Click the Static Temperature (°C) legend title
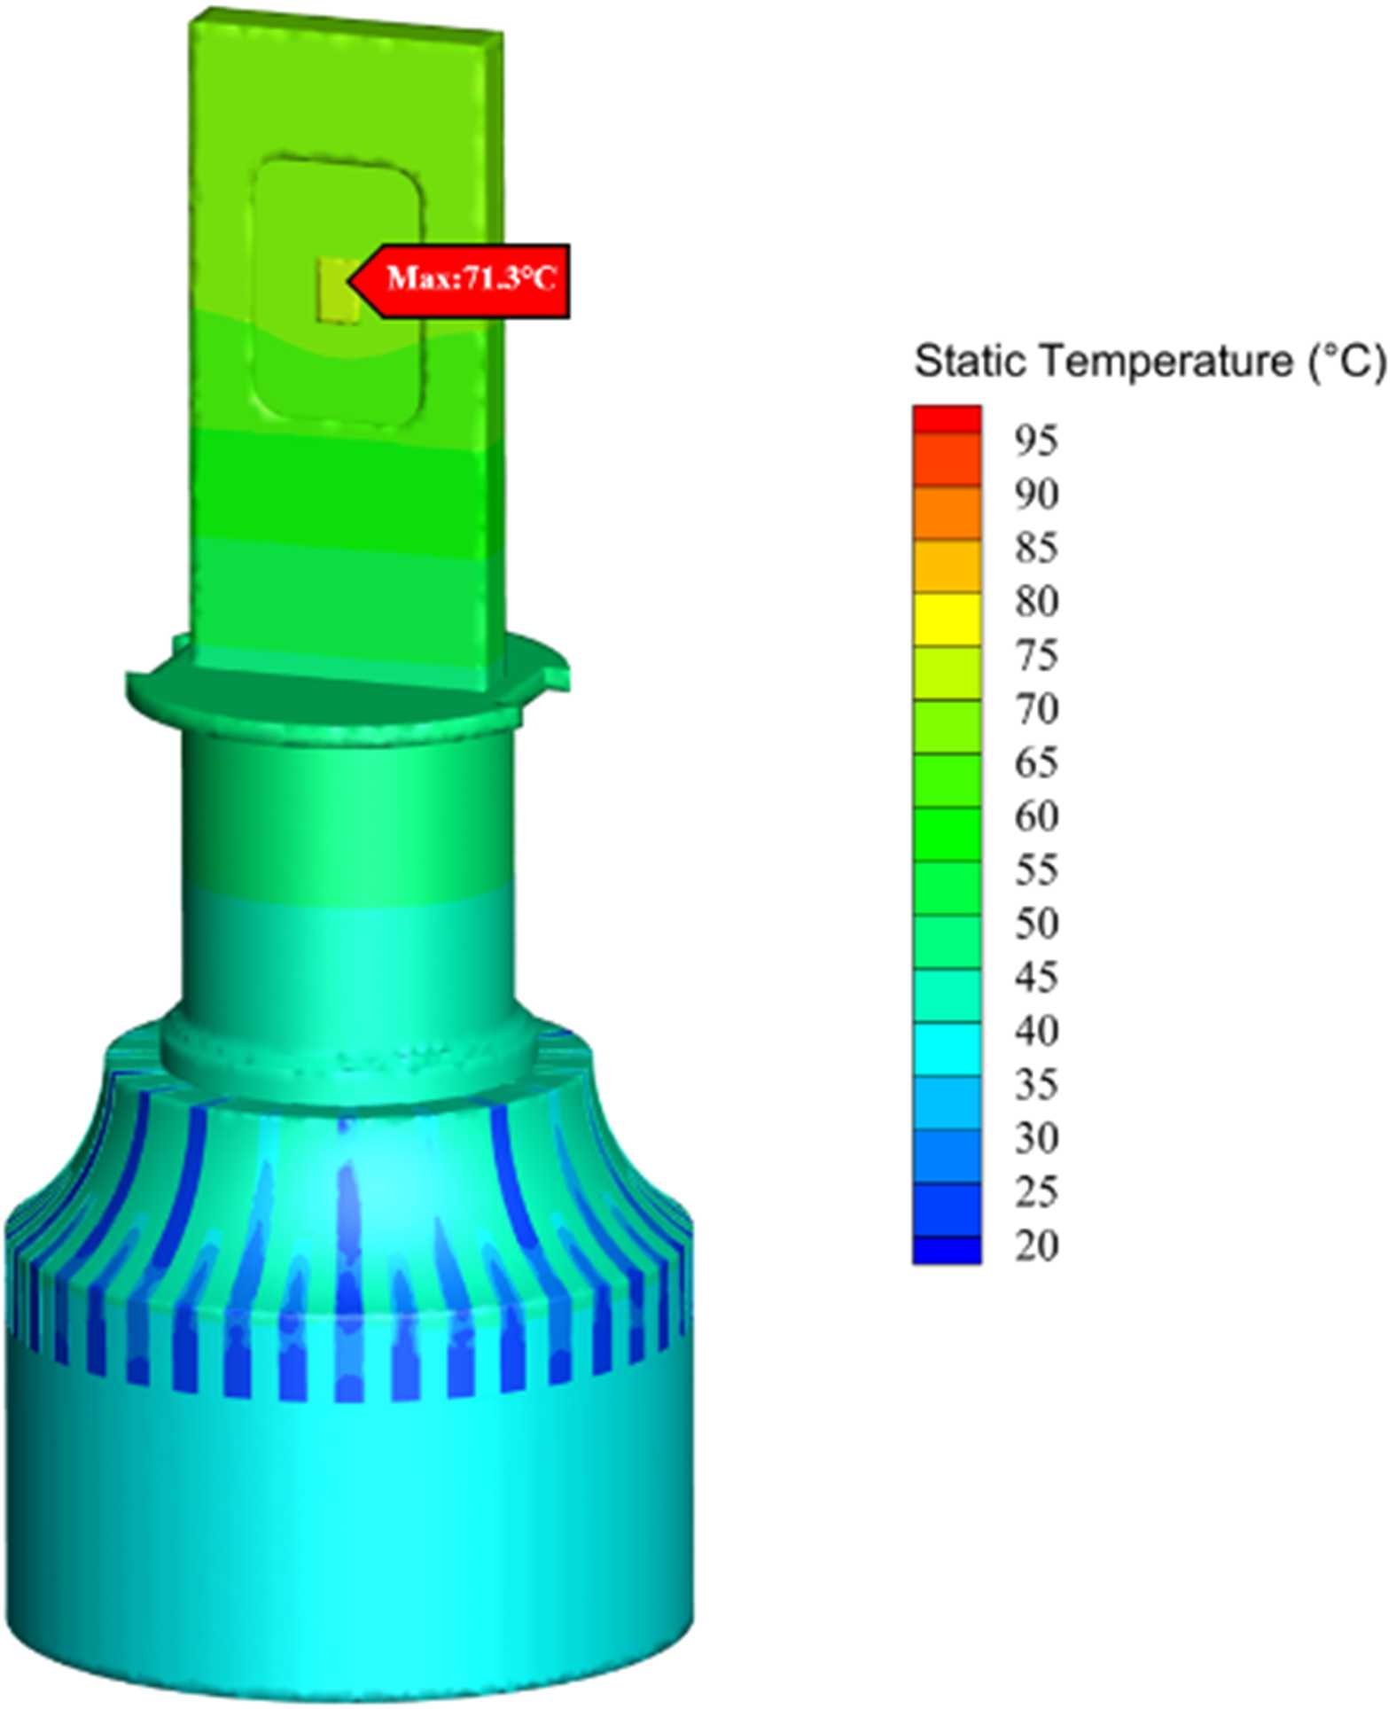pyautogui.click(x=1149, y=362)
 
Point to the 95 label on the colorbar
pyautogui.click(x=1036, y=441)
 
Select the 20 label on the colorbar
pyautogui.click(x=1036, y=1245)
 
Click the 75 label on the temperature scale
pyautogui.click(x=1036, y=655)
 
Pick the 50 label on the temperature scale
pyautogui.click(x=1036, y=924)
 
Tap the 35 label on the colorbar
pyautogui.click(x=1036, y=1084)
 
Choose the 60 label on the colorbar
pyautogui.click(x=1036, y=815)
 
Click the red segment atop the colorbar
pyautogui.click(x=947, y=419)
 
